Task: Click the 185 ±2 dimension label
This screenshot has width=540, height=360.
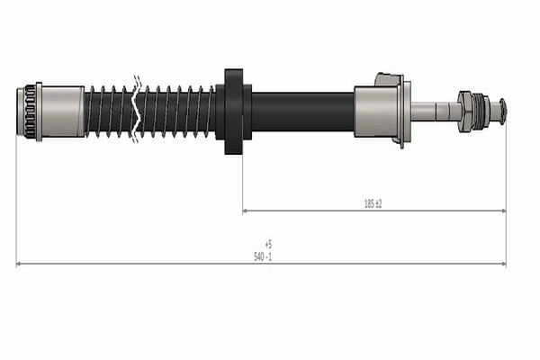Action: tap(373, 204)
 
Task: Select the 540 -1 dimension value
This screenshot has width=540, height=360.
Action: tap(263, 256)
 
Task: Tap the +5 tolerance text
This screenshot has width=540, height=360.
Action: tap(268, 245)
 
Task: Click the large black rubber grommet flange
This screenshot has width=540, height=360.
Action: tap(234, 112)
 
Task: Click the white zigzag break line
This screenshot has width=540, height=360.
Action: tap(136, 109)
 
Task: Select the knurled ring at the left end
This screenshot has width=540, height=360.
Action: tap(30, 112)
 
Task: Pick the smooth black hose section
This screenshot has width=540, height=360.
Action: tap(303, 112)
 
